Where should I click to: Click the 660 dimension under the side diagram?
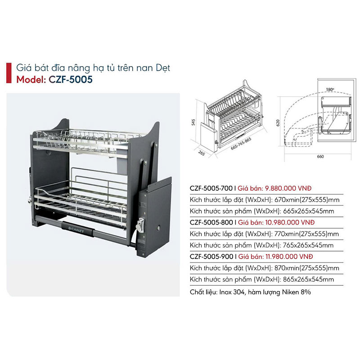pyautogui.click(x=320, y=157)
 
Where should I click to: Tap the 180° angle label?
pyautogui.click(x=330, y=90)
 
